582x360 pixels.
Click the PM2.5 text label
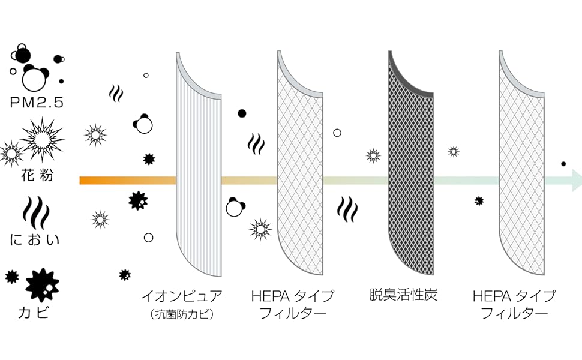37,102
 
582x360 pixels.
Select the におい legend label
36,241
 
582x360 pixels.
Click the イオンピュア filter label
181,295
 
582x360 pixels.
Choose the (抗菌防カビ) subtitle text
182,313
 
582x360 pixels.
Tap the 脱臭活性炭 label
403,295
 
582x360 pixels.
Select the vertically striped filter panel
199,174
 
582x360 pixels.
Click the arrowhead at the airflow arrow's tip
575,180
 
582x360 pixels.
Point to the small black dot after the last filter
563,163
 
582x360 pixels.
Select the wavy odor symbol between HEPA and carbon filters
347,209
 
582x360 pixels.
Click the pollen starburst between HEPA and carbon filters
373,155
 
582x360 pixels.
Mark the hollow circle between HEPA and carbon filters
337,132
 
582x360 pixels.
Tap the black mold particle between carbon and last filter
479,201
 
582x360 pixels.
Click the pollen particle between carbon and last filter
454,152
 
